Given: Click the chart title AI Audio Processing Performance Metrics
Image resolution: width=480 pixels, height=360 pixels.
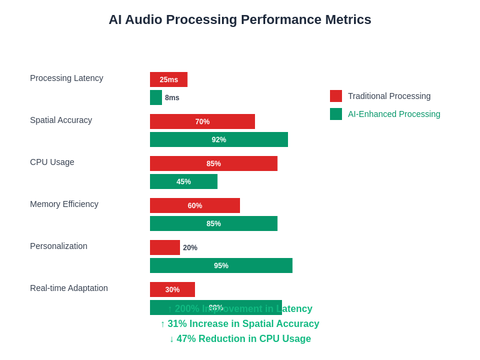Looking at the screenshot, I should (x=240, y=20).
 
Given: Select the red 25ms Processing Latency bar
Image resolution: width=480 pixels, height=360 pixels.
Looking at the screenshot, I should (x=169, y=79).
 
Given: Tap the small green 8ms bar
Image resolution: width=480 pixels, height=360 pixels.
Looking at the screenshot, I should (x=156, y=97).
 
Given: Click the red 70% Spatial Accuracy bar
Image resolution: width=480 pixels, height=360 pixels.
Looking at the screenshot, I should (x=202, y=121).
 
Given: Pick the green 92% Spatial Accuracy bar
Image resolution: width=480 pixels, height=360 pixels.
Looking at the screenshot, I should (x=219, y=139).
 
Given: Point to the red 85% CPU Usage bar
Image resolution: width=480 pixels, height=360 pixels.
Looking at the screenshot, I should (x=214, y=163).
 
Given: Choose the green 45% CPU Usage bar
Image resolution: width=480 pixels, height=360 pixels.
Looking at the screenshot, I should (x=184, y=181).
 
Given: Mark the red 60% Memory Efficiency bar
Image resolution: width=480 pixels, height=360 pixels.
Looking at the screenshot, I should (x=195, y=205).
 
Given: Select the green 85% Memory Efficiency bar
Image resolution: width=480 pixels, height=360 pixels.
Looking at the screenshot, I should (x=214, y=223).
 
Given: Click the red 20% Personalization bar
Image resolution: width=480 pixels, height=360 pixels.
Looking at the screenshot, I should (x=165, y=247).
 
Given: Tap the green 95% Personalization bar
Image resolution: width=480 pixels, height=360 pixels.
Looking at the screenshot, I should (x=221, y=265).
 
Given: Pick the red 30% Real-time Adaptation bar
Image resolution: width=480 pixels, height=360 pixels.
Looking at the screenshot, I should (x=172, y=289).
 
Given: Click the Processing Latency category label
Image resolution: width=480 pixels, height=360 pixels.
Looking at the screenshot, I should (x=67, y=78).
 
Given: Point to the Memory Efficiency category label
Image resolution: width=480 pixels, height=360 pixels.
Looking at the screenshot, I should (x=64, y=204).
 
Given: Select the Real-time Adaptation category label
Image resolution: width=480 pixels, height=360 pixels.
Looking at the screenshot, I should (x=69, y=288).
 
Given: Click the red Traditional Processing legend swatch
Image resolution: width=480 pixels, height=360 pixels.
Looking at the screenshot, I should (x=336, y=96).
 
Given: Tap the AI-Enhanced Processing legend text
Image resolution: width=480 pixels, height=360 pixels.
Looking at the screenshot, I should (x=394, y=114).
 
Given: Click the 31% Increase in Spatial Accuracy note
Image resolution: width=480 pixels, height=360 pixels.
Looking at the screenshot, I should (x=240, y=324).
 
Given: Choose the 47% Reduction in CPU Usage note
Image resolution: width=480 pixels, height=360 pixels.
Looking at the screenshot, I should (x=240, y=339).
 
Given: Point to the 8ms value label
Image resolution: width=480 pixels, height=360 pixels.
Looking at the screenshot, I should (x=172, y=98).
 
